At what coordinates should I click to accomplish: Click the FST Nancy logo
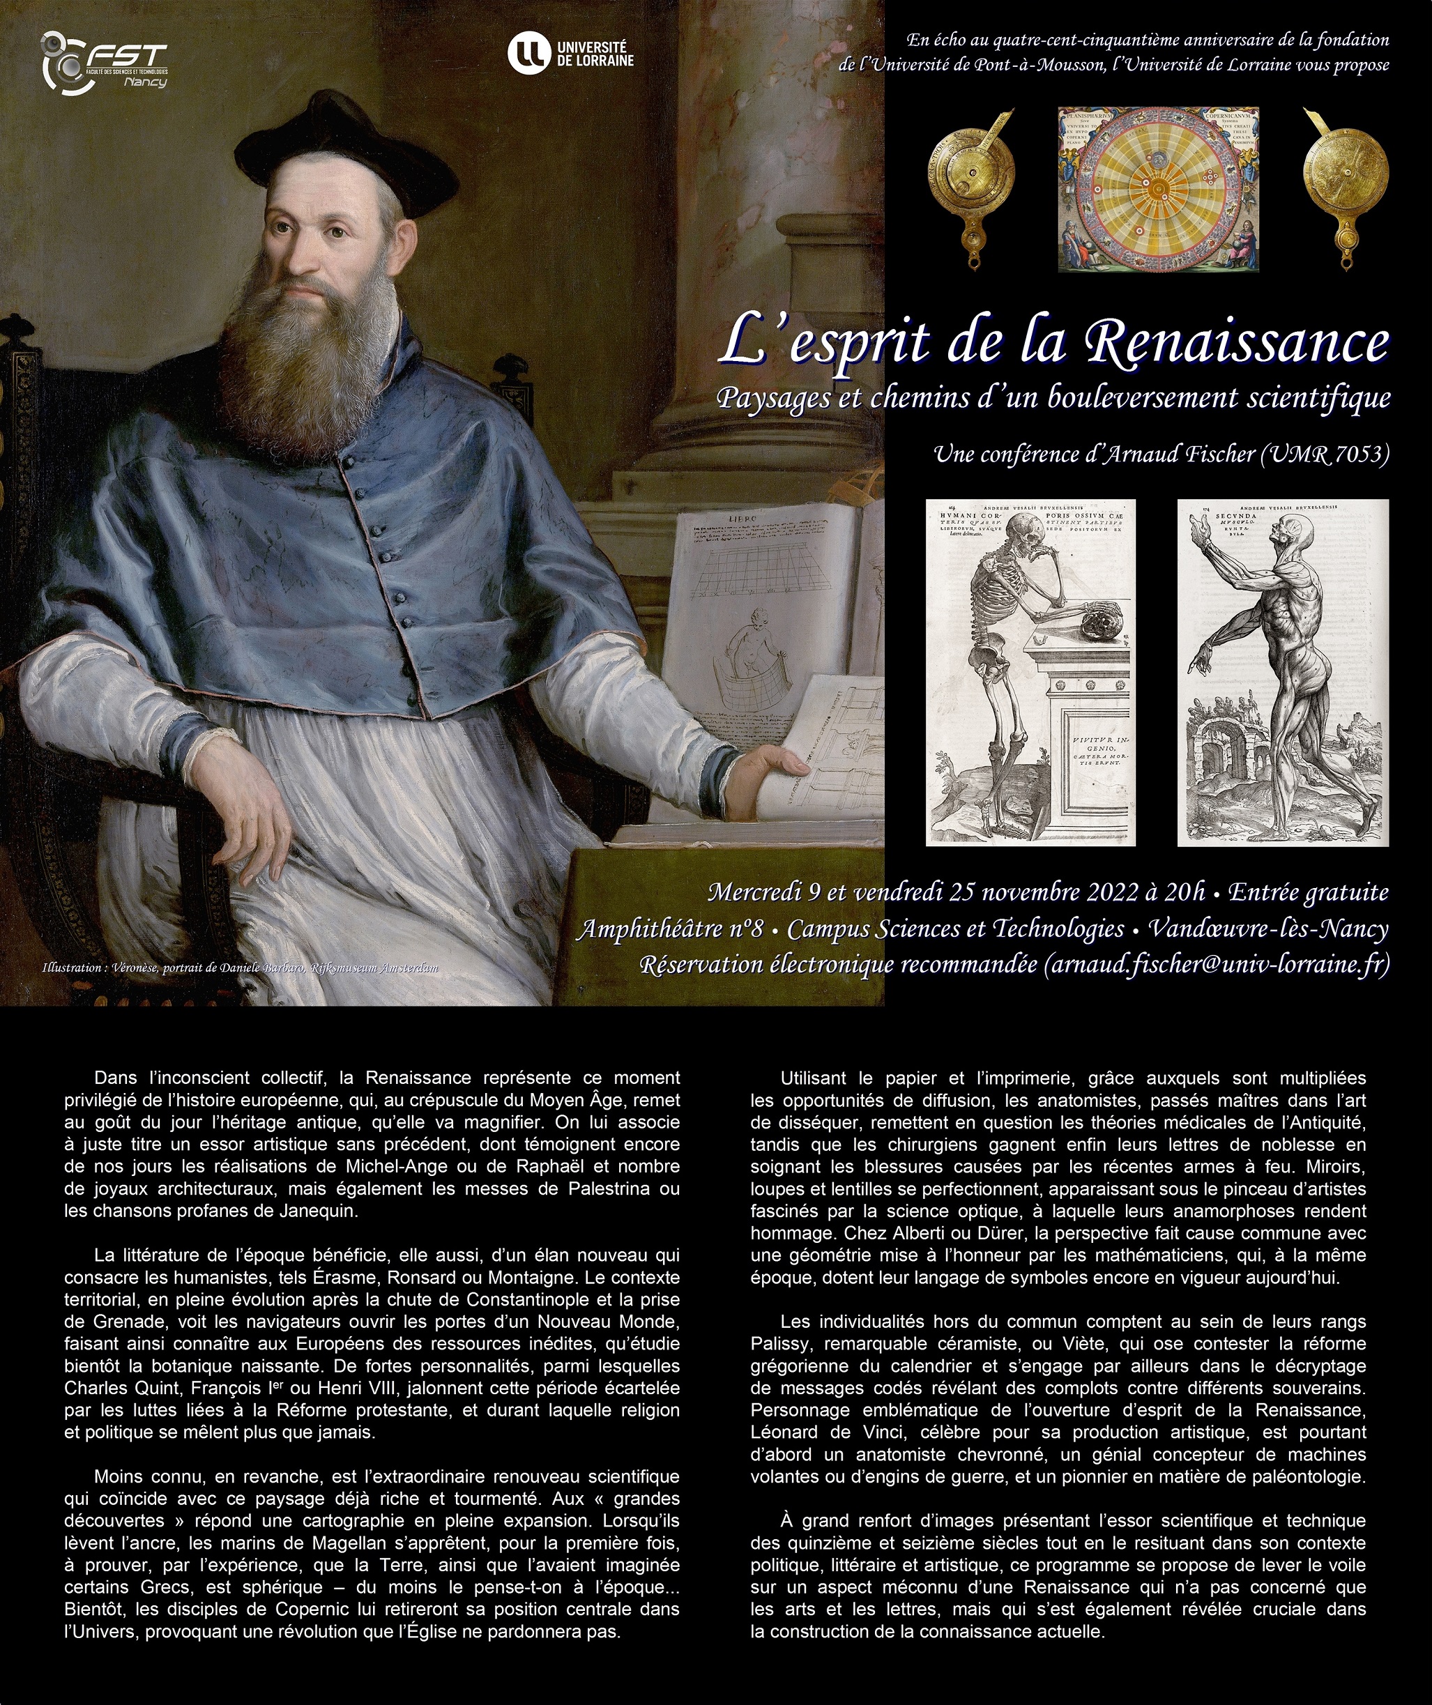click(x=105, y=60)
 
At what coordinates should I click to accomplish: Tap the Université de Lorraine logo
click(x=570, y=53)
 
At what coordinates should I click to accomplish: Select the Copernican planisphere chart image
click(x=1158, y=189)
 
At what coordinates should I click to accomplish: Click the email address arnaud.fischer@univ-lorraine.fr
click(x=1216, y=965)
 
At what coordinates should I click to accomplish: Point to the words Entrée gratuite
click(x=1308, y=892)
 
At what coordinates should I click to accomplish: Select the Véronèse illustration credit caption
click(x=240, y=968)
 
